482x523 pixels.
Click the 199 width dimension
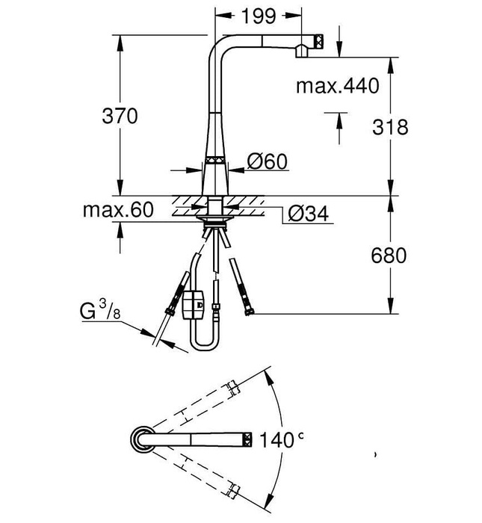pos(259,14)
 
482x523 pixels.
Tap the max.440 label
pos(337,85)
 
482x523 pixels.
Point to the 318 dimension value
pos(391,127)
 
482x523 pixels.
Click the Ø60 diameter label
pos(268,161)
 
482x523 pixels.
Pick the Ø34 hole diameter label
pos(307,214)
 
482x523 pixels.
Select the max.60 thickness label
pos(118,210)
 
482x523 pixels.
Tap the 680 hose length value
pos(389,256)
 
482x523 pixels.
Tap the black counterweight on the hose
pos(194,304)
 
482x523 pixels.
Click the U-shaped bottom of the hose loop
pos(206,345)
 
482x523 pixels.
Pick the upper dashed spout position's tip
pos(234,389)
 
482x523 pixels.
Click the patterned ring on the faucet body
pos(215,159)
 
